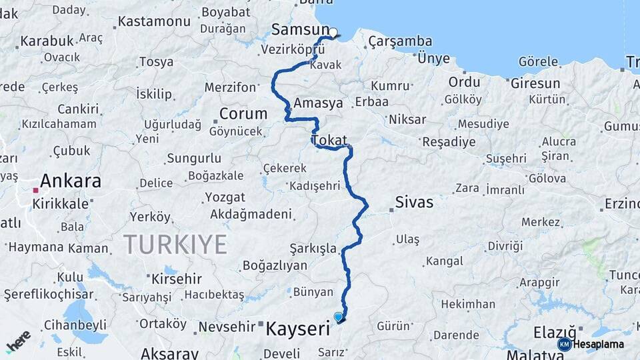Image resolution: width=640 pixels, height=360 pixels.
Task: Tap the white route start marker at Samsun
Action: pos(333,31)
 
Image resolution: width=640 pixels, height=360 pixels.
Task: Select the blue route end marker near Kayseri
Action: pos(339,317)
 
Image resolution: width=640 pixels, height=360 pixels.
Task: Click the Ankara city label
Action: pos(71,181)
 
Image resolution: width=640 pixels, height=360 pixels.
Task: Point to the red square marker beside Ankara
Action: pos(36,190)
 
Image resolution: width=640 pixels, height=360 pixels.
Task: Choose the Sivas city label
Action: pos(414,202)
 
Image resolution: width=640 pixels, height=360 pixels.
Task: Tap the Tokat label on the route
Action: pos(329,141)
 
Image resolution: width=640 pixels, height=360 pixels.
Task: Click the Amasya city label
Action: pos(318,103)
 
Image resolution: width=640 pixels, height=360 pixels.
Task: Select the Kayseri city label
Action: pos(298,329)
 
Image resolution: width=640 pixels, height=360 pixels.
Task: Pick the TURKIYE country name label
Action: pos(175,245)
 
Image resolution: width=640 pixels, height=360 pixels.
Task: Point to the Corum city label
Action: pos(243,114)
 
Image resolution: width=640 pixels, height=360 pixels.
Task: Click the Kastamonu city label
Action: pos(154,21)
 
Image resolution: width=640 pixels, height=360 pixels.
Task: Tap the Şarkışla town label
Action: pos(313,249)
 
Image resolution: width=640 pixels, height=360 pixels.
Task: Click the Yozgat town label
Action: pos(225,197)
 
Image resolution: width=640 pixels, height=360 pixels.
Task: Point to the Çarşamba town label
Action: pos(400,41)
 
